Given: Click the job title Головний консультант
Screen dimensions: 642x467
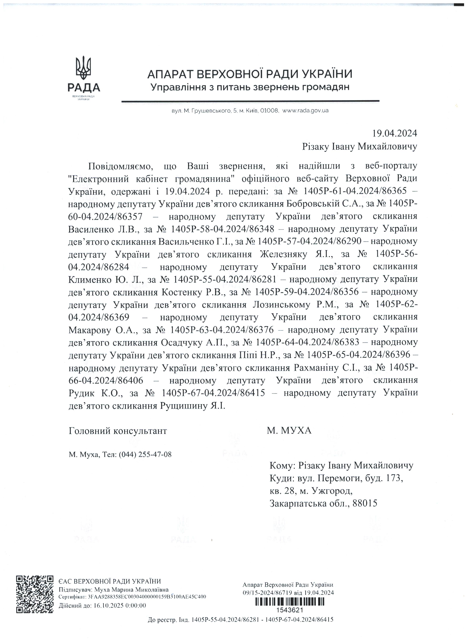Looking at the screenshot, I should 118,431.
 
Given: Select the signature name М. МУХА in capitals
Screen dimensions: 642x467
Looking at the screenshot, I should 289,431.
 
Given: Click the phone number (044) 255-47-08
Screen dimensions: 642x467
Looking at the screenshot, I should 145,455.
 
